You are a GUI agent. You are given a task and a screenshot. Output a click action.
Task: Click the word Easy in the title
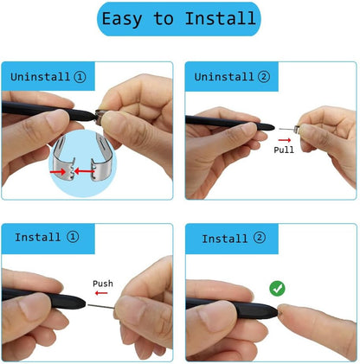pyautogui.click(x=122, y=19)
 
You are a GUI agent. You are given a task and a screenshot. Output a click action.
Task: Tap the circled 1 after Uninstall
pyautogui.click(x=80, y=77)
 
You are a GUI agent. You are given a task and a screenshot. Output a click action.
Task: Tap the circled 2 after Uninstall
pyautogui.click(x=264, y=77)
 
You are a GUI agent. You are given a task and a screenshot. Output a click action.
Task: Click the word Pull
pyautogui.click(x=284, y=150)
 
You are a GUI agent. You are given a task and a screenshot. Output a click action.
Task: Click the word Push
pyautogui.click(x=103, y=284)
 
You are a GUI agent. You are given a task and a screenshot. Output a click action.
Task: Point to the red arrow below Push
pyautogui.click(x=101, y=295)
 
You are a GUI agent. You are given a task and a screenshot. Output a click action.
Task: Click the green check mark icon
pyautogui.click(x=278, y=288)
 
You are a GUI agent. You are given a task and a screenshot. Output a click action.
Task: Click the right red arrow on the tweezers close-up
pyautogui.click(x=85, y=171)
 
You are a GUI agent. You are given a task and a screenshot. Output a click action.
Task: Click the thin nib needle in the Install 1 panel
pyautogui.click(x=100, y=304)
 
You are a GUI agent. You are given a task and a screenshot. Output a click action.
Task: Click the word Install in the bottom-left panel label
pyautogui.click(x=38, y=237)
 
